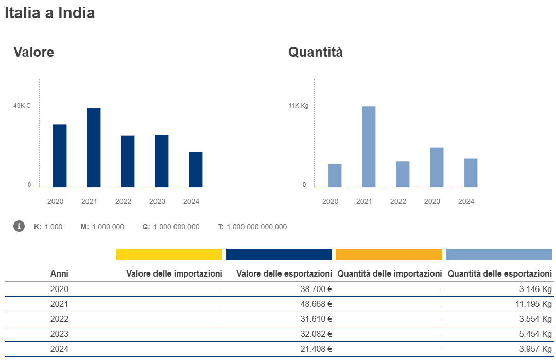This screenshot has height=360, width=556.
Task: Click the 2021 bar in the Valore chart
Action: coord(94,148)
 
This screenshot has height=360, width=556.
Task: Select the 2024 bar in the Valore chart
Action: coord(196,170)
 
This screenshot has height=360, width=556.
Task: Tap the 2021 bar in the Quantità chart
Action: coord(369,147)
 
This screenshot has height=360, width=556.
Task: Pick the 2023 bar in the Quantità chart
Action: coord(437,167)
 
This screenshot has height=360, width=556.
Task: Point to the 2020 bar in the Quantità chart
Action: coord(335,176)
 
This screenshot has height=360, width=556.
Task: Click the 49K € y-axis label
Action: coord(22,106)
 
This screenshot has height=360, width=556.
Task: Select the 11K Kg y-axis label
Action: coord(298,106)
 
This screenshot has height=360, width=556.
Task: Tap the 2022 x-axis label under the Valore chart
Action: coord(123,201)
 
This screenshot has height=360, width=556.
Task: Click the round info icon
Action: coord(19,226)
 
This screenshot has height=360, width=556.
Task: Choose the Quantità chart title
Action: coord(315,52)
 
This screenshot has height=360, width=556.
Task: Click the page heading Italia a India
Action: coord(49,13)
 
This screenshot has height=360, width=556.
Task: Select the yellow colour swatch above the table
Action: coord(169,254)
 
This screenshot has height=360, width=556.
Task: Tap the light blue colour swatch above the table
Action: coord(498,254)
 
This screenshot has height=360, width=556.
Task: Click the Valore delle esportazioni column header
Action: coord(284,273)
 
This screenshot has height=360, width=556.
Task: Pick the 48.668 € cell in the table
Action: coord(316,304)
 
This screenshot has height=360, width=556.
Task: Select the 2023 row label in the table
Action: coord(59,334)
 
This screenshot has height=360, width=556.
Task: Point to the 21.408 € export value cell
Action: coord(316,349)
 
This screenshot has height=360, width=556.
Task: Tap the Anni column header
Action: coord(59,273)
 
